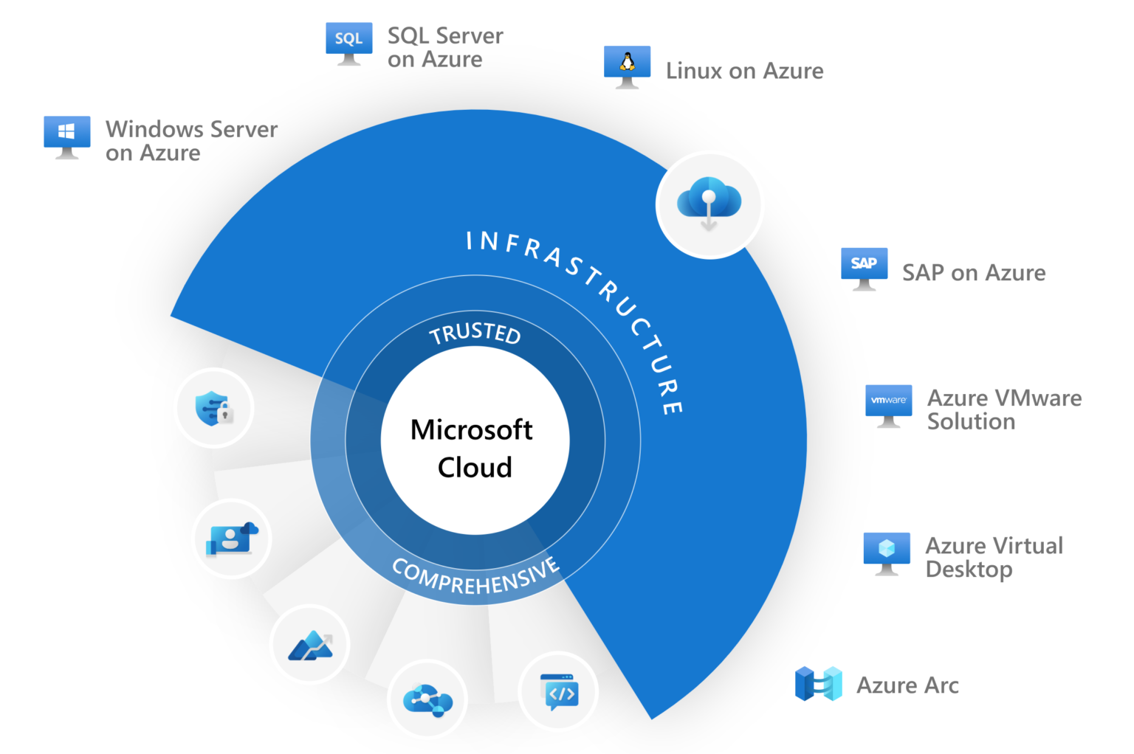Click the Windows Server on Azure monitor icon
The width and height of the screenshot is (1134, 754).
(x=67, y=135)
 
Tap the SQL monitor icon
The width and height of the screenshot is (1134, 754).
(x=348, y=42)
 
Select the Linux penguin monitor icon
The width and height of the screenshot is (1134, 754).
(x=627, y=66)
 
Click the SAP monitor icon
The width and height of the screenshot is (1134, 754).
(x=864, y=267)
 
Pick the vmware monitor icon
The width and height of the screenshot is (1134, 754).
(x=888, y=404)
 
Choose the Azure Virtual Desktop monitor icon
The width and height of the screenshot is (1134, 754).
(x=887, y=552)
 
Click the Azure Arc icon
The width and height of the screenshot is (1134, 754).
(x=818, y=683)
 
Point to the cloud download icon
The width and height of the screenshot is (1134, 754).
(x=709, y=203)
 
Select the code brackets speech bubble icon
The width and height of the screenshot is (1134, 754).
(x=559, y=692)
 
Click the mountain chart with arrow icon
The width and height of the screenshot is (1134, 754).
(x=310, y=645)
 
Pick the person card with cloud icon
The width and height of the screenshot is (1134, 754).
(x=231, y=539)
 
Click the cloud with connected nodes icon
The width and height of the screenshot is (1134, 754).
(x=427, y=699)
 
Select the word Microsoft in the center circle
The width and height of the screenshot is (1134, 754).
(x=471, y=429)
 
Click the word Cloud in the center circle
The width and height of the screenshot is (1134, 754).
(x=475, y=467)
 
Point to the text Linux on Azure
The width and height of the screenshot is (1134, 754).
(x=744, y=71)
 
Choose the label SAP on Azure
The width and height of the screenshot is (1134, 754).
(x=974, y=273)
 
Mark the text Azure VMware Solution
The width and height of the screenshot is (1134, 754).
(x=1004, y=409)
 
